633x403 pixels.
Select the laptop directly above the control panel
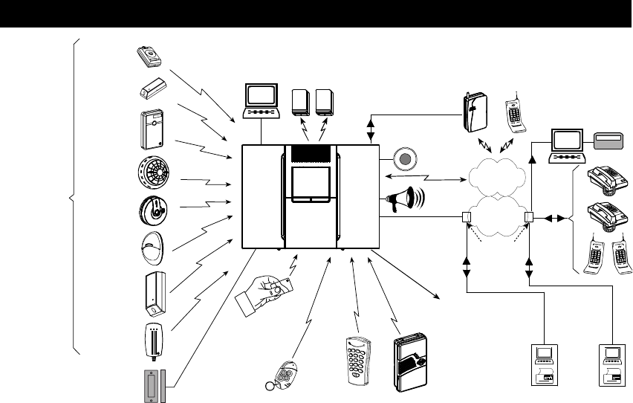[261, 100]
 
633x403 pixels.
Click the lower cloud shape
[498, 217]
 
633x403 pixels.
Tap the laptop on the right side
[568, 146]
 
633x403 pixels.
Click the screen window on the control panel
[311, 182]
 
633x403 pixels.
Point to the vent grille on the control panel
[311, 152]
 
